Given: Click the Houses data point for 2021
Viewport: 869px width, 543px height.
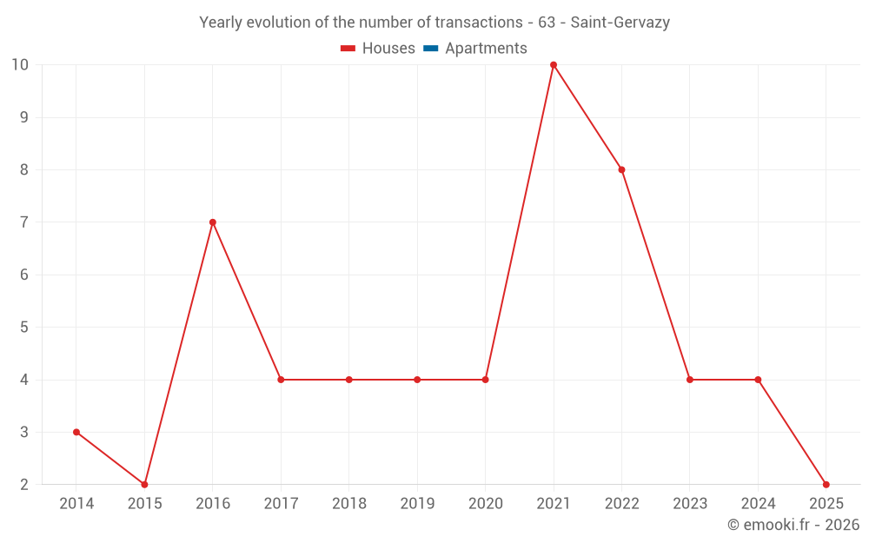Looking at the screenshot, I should [554, 65].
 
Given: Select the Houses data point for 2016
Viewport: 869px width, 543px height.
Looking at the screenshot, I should [213, 222].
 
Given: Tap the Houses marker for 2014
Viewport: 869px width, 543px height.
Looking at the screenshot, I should [76, 432].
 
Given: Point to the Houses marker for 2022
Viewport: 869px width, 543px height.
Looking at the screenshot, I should [621, 169].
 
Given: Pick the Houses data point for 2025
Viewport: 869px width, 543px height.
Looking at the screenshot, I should [826, 484].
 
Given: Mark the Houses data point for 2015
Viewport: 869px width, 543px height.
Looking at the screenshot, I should [144, 484].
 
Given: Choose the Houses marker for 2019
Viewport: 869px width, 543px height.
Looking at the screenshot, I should [417, 380].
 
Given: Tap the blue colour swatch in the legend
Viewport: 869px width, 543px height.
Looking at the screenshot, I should [429, 49].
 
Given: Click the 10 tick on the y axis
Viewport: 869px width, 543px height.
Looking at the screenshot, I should [20, 65].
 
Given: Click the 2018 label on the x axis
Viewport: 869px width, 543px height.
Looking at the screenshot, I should [348, 504].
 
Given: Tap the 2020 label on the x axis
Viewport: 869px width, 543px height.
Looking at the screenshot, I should [485, 504].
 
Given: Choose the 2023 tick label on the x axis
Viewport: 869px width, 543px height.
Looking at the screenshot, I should [689, 504].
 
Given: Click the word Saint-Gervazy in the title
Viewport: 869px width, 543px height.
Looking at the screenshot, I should [620, 23].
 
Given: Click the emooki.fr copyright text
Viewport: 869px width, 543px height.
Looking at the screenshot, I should [793, 525].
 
